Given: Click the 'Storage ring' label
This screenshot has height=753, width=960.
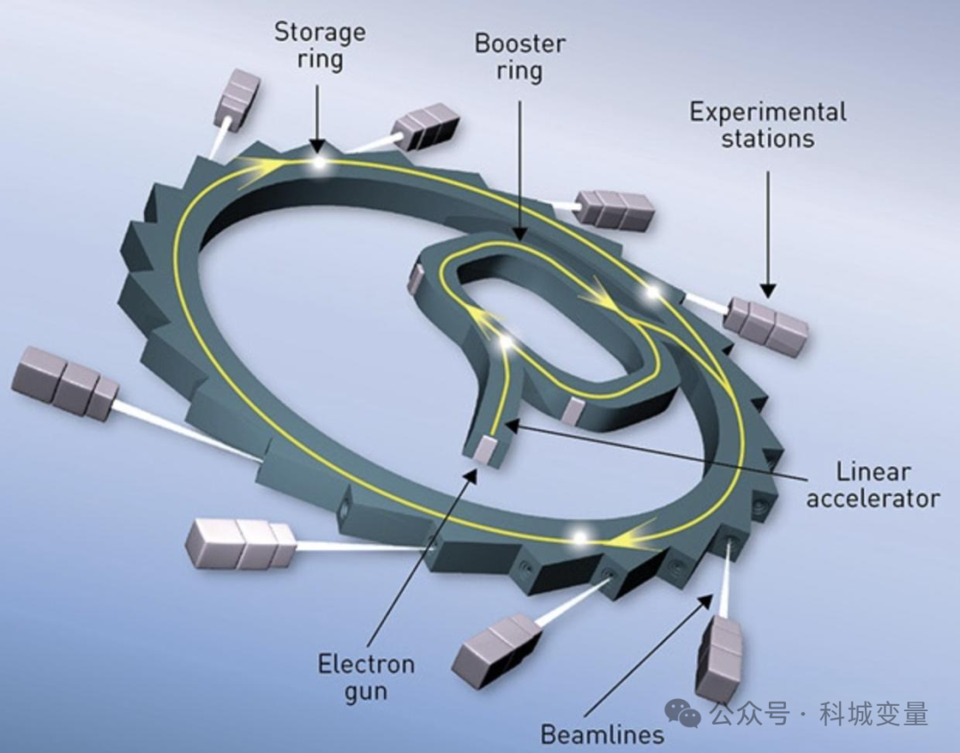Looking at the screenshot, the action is (x=320, y=46).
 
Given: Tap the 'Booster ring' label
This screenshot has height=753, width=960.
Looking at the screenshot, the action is (x=520, y=57).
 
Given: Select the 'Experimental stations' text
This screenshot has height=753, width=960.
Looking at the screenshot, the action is (x=768, y=124).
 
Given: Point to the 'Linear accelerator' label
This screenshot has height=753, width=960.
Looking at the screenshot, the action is (x=873, y=485).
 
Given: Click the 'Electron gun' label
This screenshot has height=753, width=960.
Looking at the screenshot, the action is (x=366, y=677).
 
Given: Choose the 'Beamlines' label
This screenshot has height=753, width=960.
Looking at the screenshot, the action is (x=603, y=733).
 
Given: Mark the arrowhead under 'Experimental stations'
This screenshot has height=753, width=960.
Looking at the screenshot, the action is (x=768, y=291).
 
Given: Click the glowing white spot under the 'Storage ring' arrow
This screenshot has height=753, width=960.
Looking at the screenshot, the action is (x=318, y=162).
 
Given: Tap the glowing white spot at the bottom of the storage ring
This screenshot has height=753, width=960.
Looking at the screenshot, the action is (x=579, y=537).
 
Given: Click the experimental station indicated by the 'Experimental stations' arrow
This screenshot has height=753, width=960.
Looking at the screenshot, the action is (x=766, y=325).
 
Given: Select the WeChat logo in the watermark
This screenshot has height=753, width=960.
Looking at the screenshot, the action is (x=683, y=714).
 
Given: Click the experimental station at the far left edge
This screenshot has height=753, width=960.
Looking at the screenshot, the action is (x=65, y=382).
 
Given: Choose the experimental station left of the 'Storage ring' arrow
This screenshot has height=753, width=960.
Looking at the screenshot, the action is (x=237, y=97).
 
